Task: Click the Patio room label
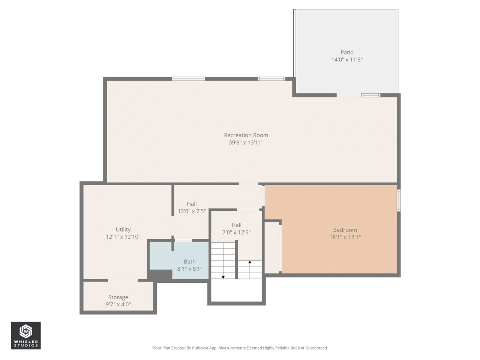347,52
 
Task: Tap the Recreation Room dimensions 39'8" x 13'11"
246,142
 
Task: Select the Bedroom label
345,230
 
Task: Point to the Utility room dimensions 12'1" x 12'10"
123,237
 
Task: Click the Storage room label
118,297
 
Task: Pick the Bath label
190,262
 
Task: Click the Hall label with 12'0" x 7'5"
192,204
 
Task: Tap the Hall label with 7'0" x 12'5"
236,225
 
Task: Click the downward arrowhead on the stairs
223,277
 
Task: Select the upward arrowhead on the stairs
250,262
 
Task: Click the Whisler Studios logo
26,335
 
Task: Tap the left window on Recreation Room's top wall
188,79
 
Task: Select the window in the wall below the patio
370,95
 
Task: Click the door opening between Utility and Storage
123,280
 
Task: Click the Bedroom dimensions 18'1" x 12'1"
345,237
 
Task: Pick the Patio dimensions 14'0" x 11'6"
347,60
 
